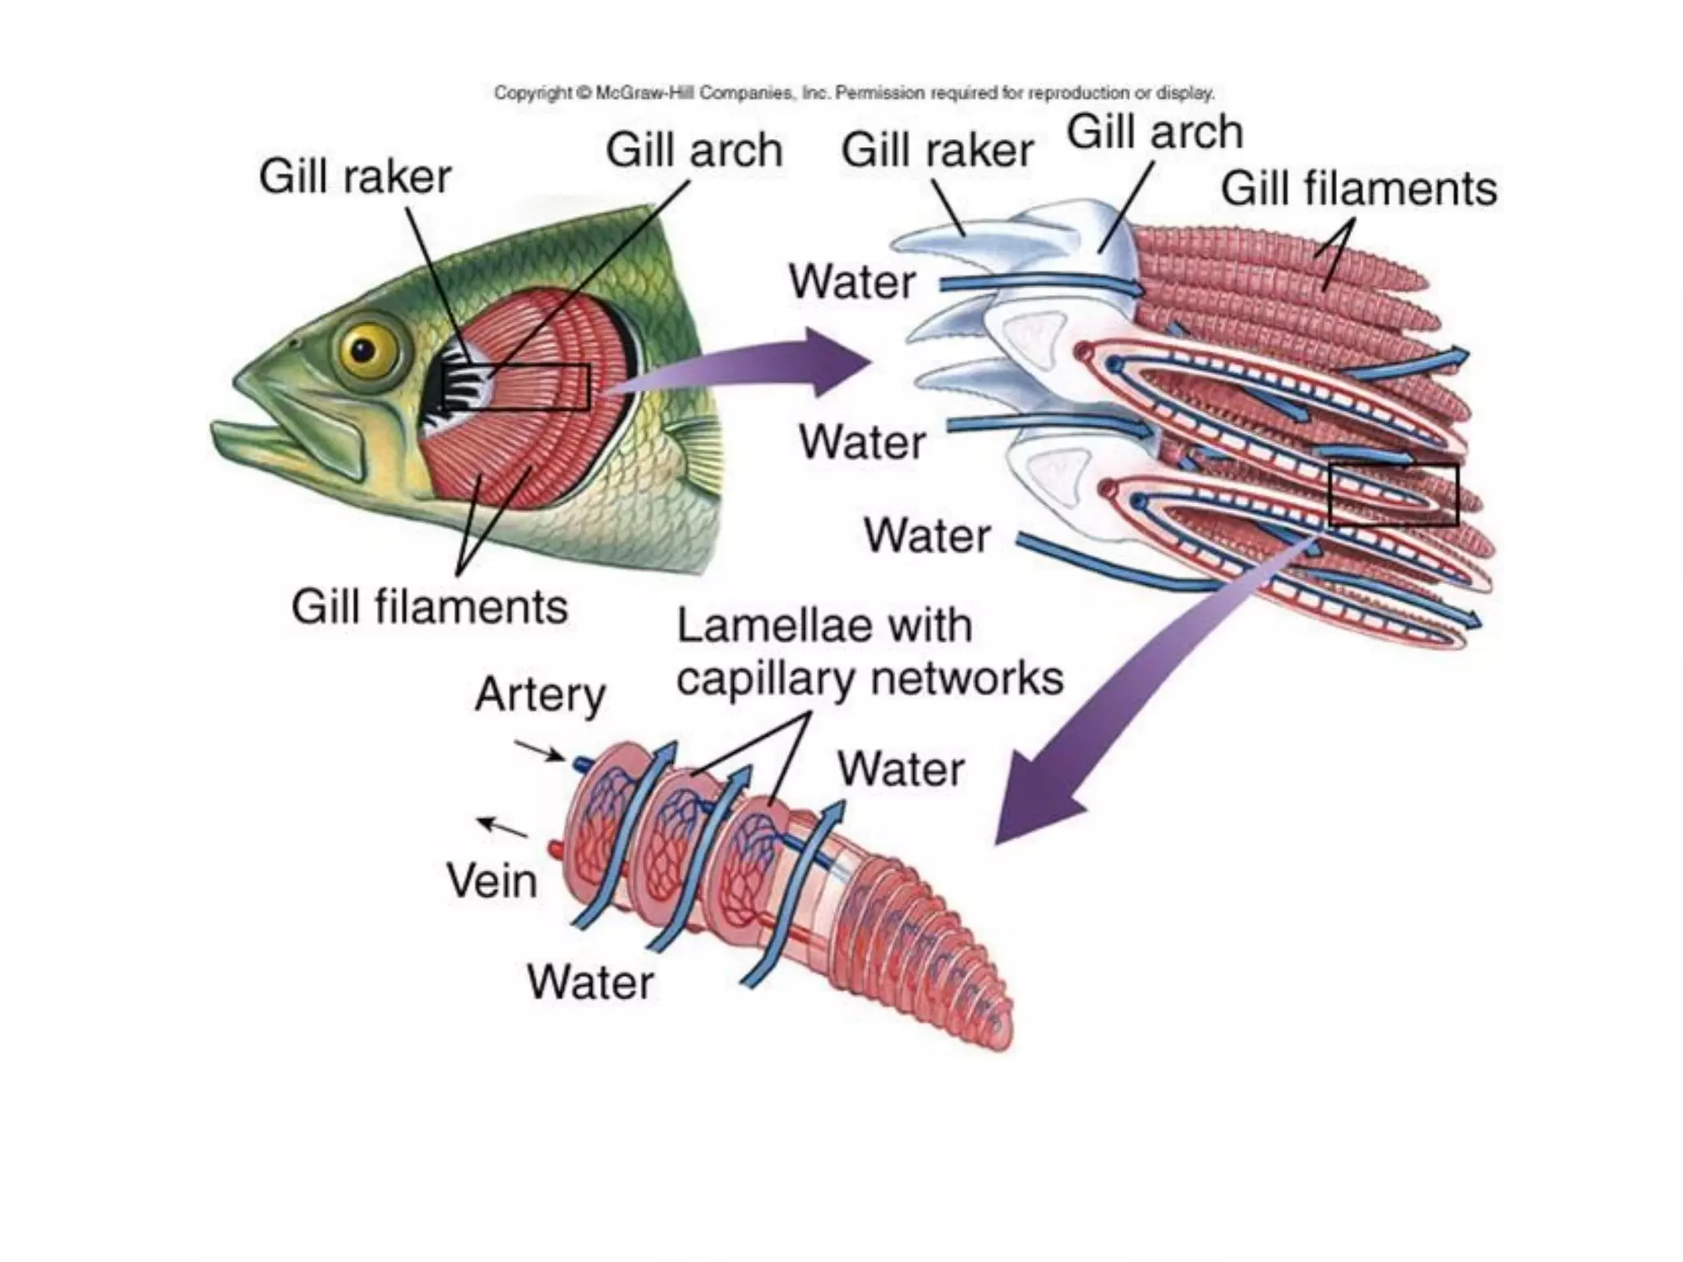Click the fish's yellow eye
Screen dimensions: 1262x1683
coord(362,350)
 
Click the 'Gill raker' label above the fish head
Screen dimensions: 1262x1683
coord(355,177)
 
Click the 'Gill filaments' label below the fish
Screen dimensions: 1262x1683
coord(429,607)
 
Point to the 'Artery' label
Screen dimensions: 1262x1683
coord(540,695)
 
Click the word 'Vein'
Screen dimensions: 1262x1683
coord(491,881)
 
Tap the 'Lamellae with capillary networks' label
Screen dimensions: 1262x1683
coord(869,652)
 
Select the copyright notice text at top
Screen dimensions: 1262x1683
coord(854,93)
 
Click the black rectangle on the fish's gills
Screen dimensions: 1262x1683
coord(516,386)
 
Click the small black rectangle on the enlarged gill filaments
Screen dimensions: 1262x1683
coord(1393,495)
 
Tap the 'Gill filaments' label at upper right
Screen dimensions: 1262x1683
coord(1358,189)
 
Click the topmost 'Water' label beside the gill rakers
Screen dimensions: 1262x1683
coord(852,282)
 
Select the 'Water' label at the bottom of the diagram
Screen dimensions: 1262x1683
coord(590,982)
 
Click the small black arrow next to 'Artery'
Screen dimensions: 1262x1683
coord(539,751)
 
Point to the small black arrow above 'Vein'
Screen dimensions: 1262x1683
coord(502,827)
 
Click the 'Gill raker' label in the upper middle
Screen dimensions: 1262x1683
coord(937,150)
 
